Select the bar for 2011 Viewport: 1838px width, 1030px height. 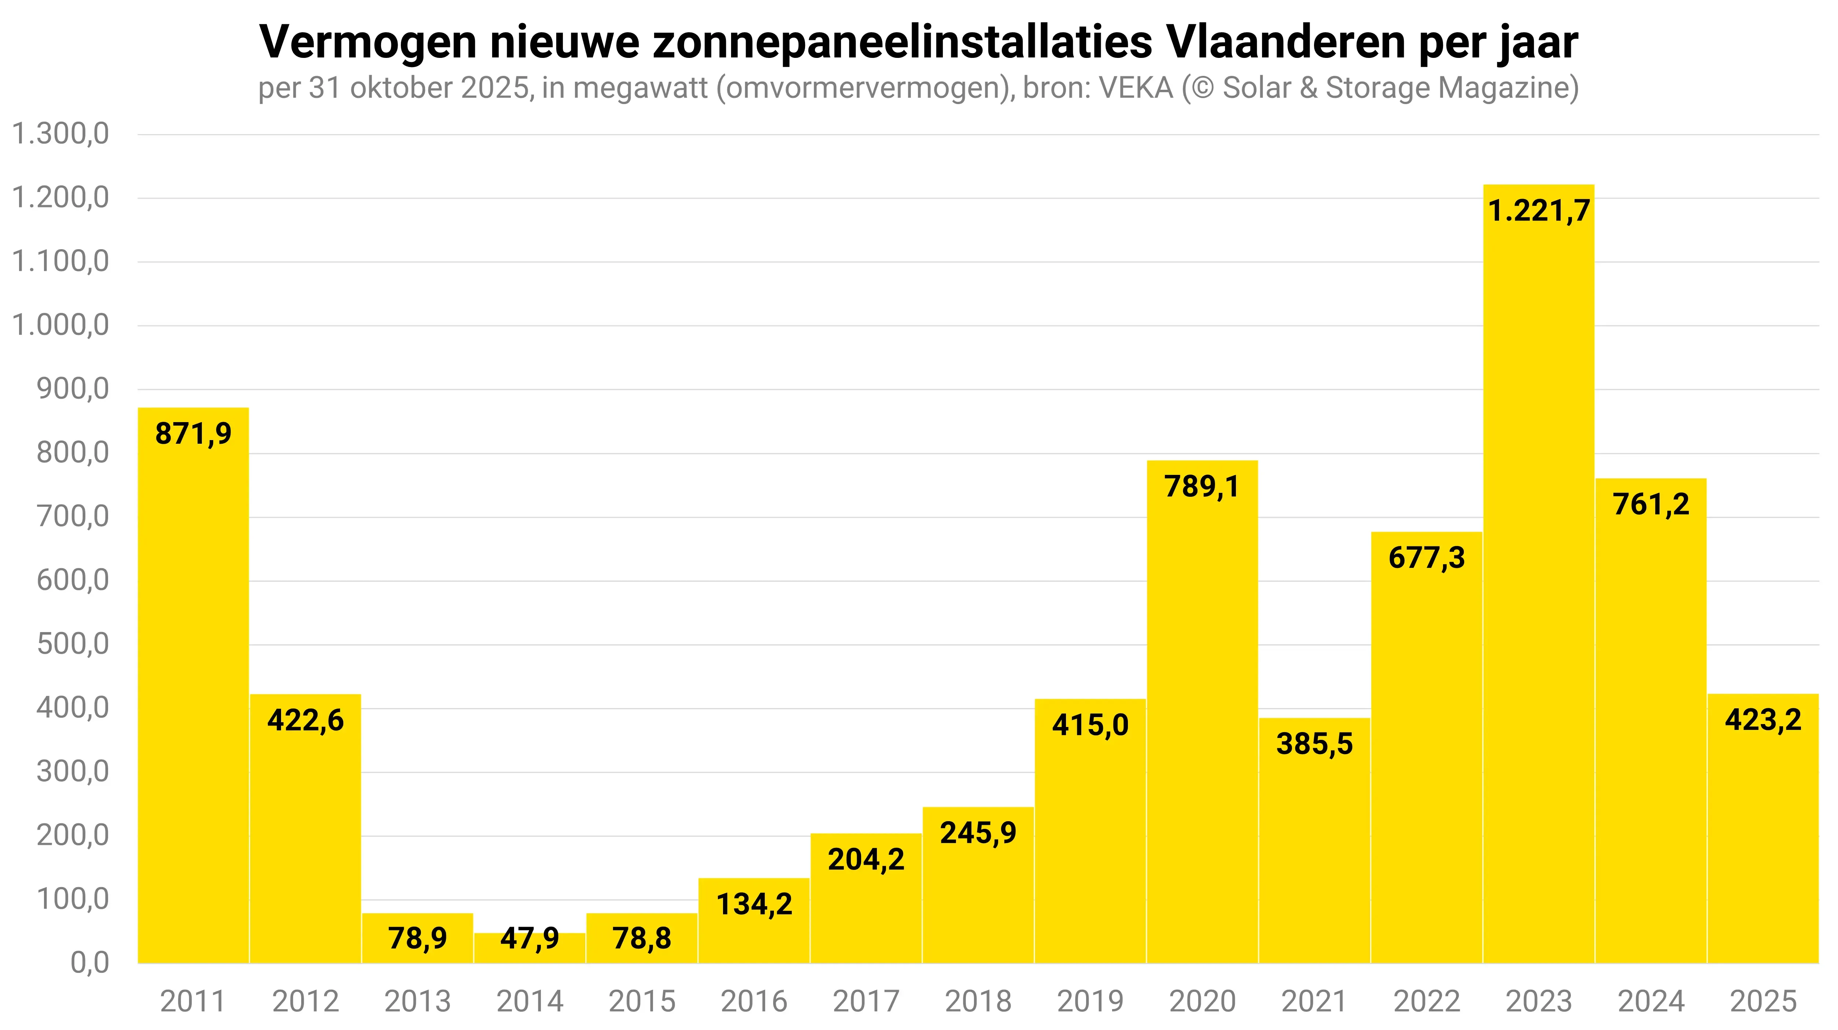193,685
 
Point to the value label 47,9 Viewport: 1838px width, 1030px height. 529,938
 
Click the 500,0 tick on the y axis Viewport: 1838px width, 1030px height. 73,644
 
